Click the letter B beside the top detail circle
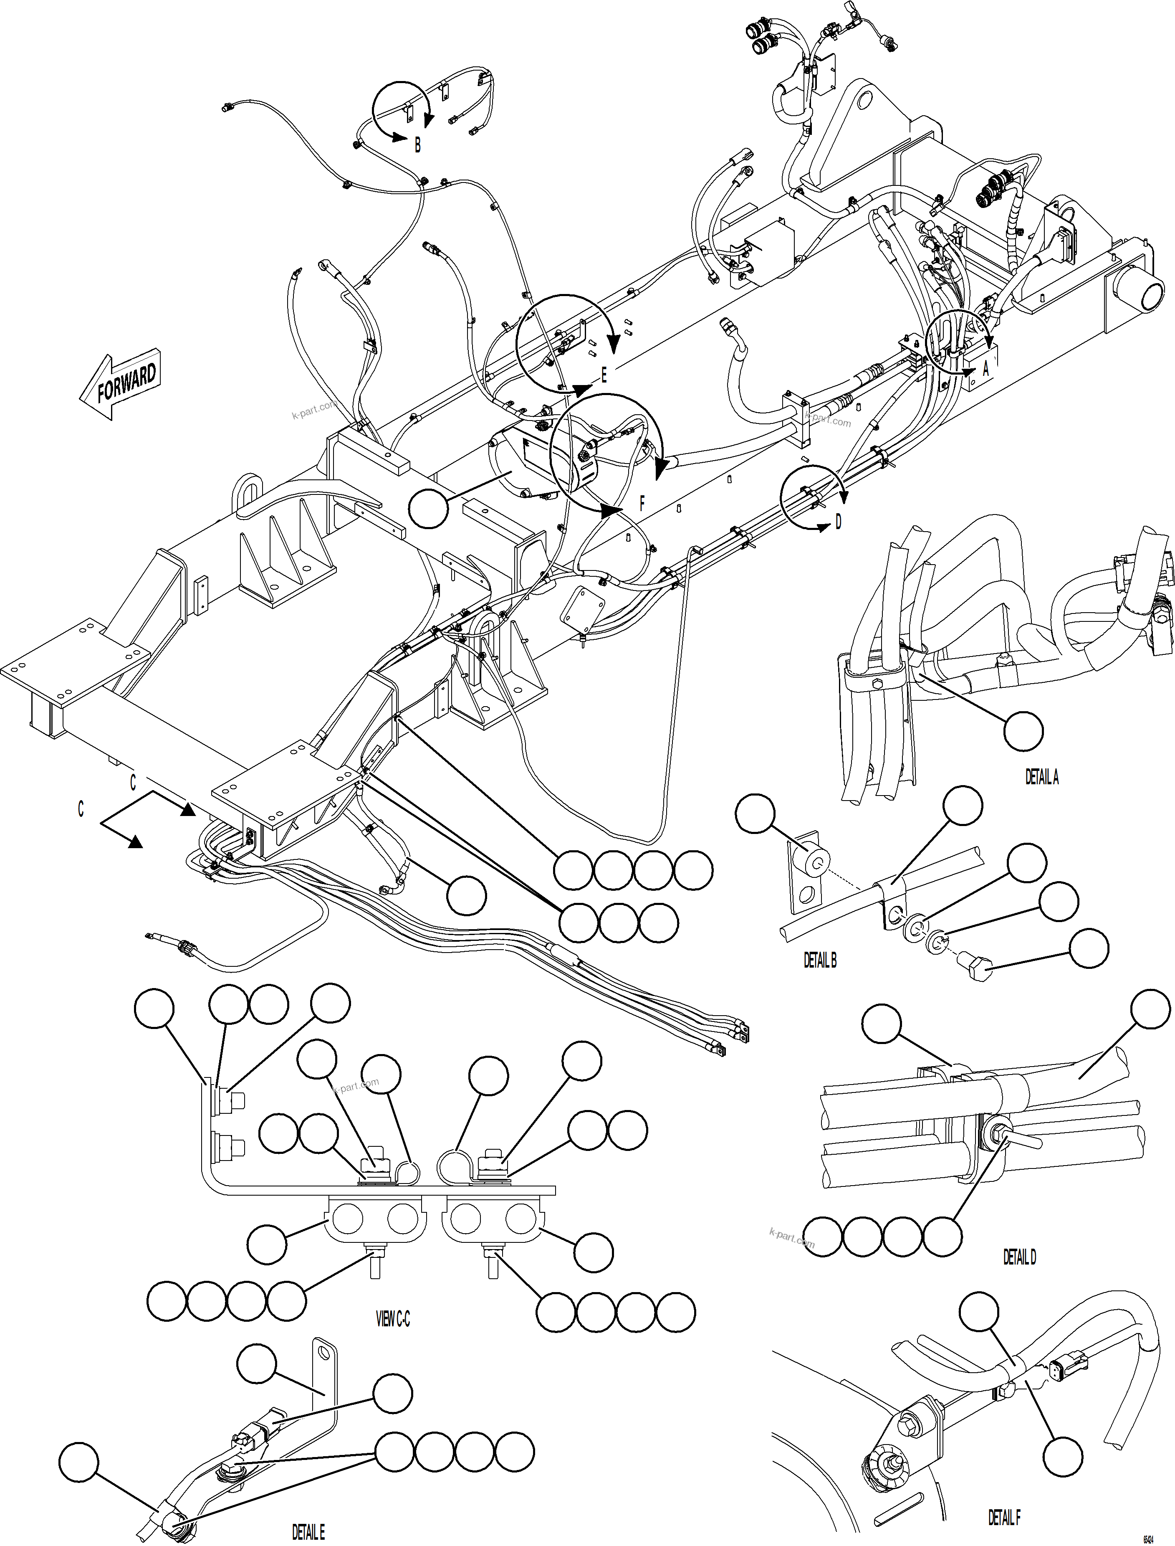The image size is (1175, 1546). pos(417,145)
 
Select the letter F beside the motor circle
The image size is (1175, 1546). pos(642,502)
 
